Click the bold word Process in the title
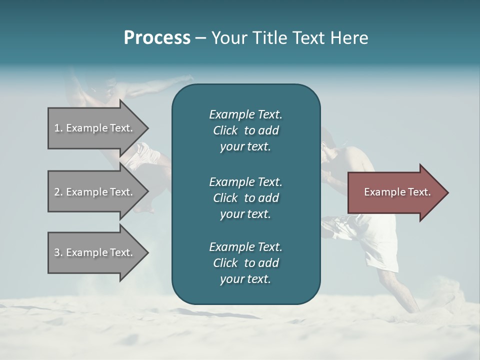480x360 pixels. point(157,38)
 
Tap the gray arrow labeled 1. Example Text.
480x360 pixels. point(95,128)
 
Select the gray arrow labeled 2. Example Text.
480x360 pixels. point(95,192)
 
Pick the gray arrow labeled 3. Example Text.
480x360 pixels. point(95,252)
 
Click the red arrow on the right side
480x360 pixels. point(395,192)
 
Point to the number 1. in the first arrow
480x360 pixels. point(58,128)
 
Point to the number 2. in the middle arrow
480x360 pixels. point(58,192)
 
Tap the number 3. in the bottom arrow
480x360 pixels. point(58,252)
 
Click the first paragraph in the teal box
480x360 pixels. point(245,130)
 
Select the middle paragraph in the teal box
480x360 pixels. point(245,198)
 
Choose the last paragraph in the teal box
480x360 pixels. point(245,263)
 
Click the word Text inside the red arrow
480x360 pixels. point(420,192)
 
